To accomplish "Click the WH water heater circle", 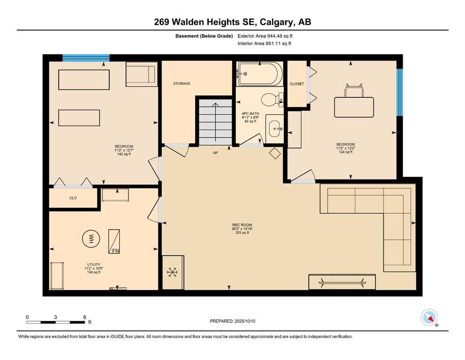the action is pos(91,239).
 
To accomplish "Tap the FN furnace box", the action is pos(114,241).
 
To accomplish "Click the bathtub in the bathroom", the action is pos(260,74).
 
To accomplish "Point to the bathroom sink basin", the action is pos(274,129).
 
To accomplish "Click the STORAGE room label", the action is pos(182,84).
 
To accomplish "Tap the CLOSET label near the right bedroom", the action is pos(297,84).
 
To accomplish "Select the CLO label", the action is pos(73,198).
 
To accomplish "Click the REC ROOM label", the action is pos(242,225).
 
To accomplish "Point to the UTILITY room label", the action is pos(94,264).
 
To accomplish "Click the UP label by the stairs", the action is pos(215,153).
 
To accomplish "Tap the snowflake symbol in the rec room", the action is pos(172,272).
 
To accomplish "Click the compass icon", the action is pos(429,317).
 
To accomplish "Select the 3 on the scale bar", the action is pos(55,317).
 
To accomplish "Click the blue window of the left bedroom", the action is pos(86,58).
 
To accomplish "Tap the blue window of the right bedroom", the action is pos(400,92).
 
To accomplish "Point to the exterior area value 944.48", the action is pos(275,36).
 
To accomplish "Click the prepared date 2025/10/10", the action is pos(244,321).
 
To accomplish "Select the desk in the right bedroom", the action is pos(354,107).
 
